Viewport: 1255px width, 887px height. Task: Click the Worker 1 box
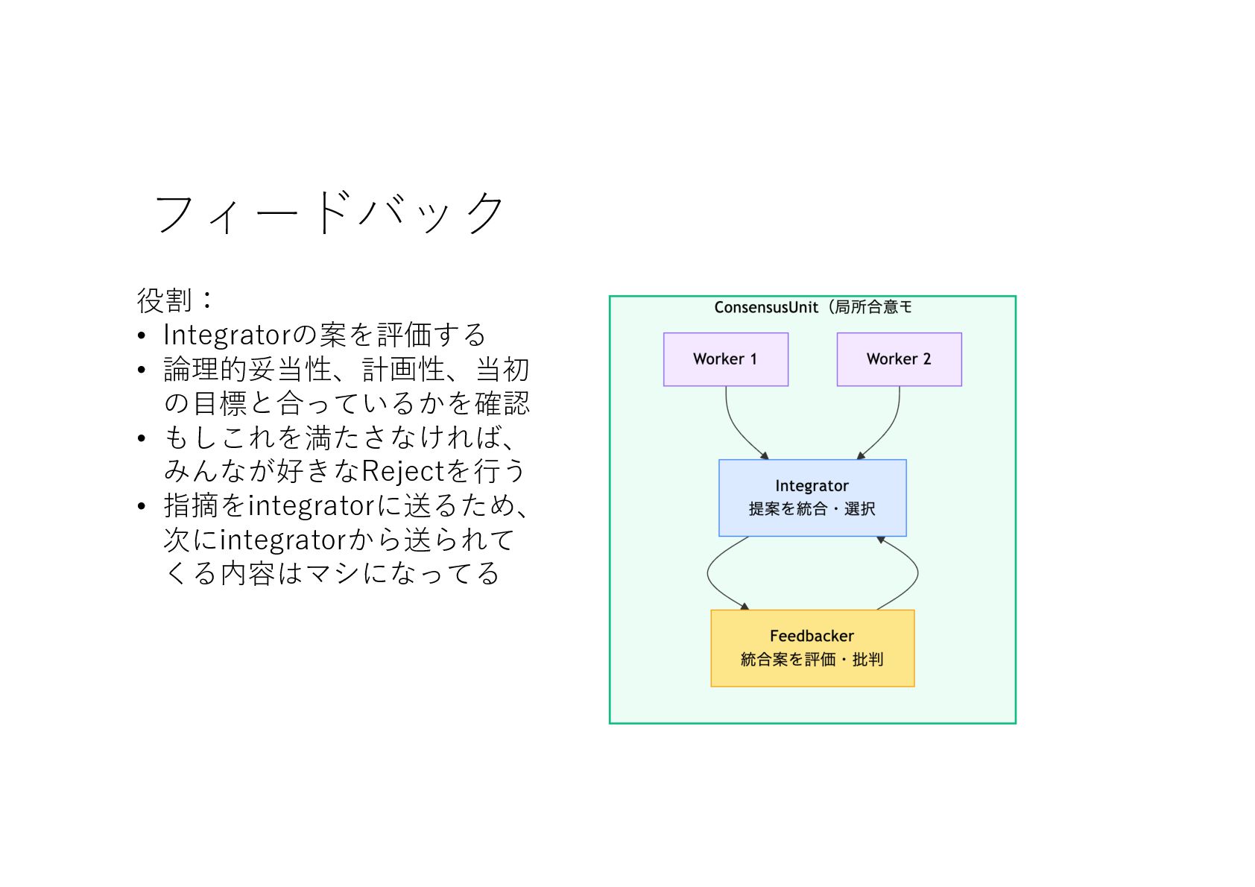(x=725, y=359)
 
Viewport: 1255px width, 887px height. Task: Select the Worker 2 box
(x=899, y=359)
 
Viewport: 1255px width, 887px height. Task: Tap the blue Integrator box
(x=812, y=497)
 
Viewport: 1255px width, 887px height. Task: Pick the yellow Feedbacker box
(x=812, y=648)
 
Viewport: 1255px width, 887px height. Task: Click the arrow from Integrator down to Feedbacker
(x=709, y=574)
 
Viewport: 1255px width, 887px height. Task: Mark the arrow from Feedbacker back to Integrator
(x=917, y=574)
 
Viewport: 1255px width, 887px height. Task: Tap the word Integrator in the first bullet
(x=227, y=335)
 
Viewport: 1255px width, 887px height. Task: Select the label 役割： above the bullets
(x=174, y=300)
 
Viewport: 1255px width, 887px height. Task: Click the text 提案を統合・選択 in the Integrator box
(x=812, y=509)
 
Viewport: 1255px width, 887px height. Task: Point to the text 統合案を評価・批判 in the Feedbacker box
(x=812, y=660)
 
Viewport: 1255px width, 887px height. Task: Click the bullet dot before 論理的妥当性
(x=142, y=370)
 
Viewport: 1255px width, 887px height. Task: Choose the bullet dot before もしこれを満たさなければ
(x=142, y=438)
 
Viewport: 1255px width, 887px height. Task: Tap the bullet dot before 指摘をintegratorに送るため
(x=142, y=507)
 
